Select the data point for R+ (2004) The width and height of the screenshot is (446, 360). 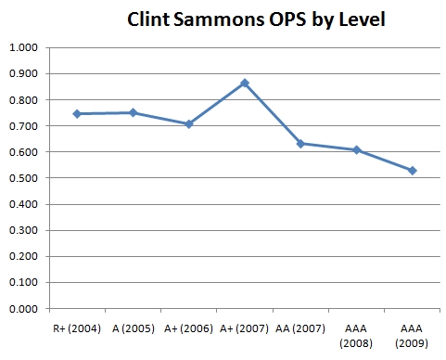click(77, 113)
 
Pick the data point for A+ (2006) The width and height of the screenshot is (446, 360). click(189, 123)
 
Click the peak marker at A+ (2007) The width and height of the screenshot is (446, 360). click(245, 83)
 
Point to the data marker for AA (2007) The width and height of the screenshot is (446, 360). click(300, 143)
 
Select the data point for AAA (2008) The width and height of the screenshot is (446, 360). click(356, 149)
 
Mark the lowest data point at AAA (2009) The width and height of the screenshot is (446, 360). click(412, 170)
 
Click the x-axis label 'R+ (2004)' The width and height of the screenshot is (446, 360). click(77, 327)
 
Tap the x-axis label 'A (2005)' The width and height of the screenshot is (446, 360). click(133, 327)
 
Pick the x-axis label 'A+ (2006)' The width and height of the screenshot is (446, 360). click(189, 327)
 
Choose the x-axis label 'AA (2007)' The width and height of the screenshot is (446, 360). click(300, 327)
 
